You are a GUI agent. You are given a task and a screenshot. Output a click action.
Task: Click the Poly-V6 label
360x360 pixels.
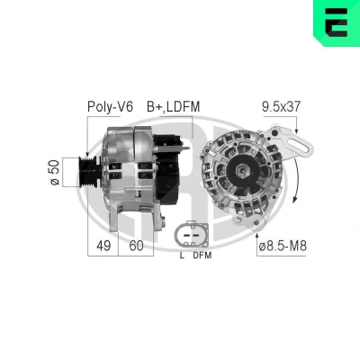coord(110,107)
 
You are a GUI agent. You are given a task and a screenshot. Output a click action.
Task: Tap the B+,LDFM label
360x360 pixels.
coord(173,107)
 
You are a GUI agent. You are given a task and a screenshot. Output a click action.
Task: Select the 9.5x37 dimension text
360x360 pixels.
coord(281,106)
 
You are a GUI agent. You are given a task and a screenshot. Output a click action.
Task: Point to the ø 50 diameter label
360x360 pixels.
coord(55,172)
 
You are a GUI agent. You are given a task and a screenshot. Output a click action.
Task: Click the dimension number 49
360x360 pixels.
coord(103,246)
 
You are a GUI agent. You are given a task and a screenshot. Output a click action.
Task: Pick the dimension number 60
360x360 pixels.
coord(136,246)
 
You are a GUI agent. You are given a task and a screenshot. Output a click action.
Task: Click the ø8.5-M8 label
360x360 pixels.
coord(283,246)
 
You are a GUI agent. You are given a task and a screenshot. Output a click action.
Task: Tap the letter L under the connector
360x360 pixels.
coord(182,256)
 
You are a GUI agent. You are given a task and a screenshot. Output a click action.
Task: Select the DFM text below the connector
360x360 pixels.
coord(202,256)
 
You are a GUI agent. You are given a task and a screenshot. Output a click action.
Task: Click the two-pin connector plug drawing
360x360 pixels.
coord(192,235)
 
